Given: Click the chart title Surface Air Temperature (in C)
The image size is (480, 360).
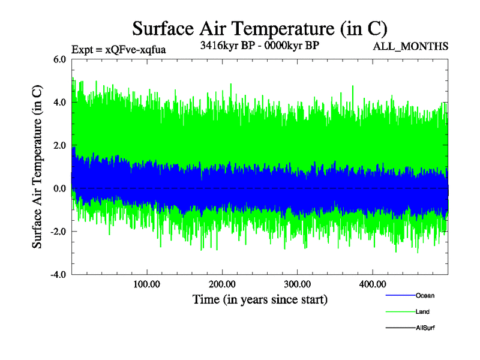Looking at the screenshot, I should (x=259, y=28).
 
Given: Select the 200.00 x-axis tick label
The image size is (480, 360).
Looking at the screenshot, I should (x=222, y=284).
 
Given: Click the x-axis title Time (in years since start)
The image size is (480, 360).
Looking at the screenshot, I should (x=260, y=299).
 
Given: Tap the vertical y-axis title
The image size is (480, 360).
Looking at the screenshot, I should (x=37, y=167).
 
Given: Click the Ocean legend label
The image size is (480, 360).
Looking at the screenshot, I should (x=425, y=296).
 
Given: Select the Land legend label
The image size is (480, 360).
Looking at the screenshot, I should (x=422, y=312).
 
